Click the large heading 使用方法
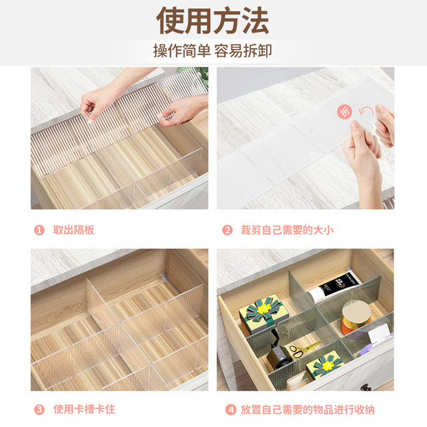(213, 21)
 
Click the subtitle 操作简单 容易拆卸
(213, 51)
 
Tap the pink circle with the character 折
(345, 111)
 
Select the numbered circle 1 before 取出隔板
(39, 230)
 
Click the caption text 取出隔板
(73, 230)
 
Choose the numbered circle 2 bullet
(228, 230)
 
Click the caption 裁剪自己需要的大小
(287, 230)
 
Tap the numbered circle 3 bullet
(39, 409)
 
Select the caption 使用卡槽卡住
(84, 409)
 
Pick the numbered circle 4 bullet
(231, 410)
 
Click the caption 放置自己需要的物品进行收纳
(308, 410)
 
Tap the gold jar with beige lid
(356, 318)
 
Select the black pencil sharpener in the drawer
(279, 352)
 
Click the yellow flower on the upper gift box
(264, 308)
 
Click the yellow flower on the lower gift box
(327, 365)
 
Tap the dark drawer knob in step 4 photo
(366, 387)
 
